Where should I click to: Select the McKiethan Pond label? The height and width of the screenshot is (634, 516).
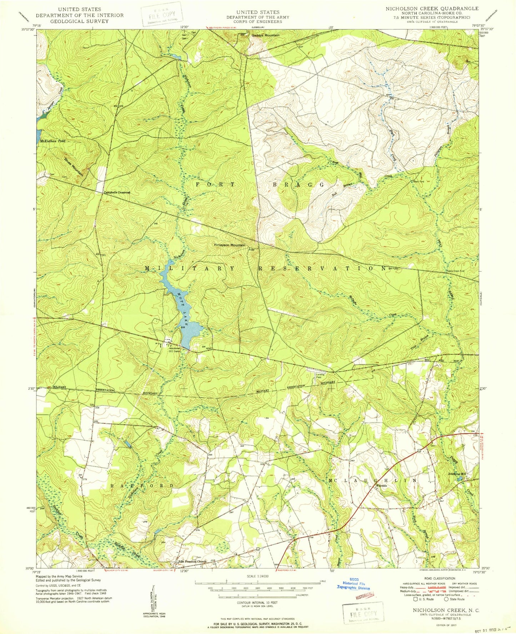(x=52, y=141)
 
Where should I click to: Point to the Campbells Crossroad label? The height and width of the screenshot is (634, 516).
(x=117, y=193)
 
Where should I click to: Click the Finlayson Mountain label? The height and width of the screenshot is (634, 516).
(x=230, y=245)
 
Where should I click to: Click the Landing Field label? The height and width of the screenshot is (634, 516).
(x=320, y=376)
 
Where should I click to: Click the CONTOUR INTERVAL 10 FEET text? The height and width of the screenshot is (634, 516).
(x=257, y=602)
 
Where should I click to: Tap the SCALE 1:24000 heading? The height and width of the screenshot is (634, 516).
(x=257, y=577)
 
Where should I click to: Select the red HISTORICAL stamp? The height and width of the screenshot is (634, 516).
(x=364, y=595)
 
